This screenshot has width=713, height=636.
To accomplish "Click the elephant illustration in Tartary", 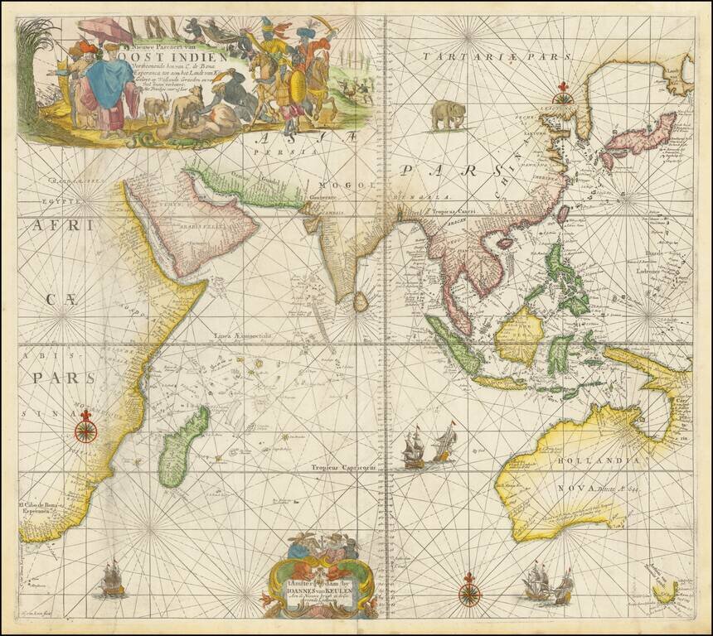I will [447, 114].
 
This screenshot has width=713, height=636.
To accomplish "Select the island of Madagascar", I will [177, 448].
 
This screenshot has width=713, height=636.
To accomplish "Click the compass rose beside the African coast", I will [85, 429].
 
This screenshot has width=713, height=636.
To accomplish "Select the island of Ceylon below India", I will [361, 301].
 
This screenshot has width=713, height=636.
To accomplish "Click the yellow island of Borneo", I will [521, 335].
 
